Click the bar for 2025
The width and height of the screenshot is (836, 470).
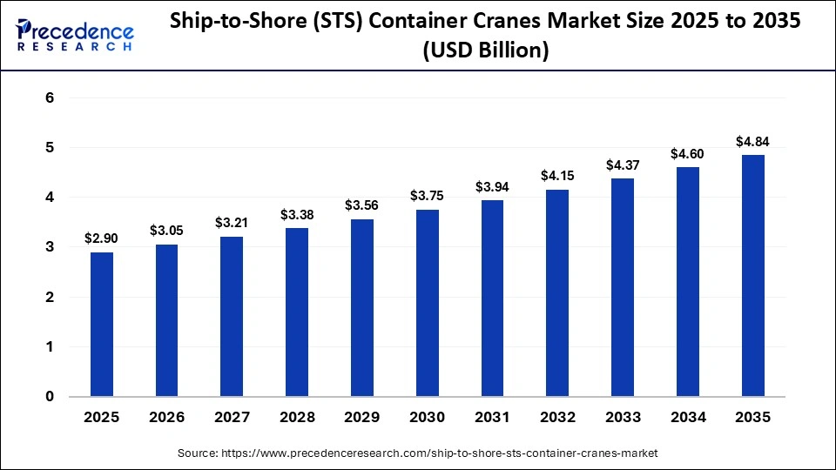click(102, 324)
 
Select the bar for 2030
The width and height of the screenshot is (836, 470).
click(428, 303)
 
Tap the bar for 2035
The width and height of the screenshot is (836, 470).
click(752, 275)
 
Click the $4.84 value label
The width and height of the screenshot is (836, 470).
click(752, 142)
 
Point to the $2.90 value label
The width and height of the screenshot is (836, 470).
click(102, 238)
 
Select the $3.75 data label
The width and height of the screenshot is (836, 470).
click(428, 196)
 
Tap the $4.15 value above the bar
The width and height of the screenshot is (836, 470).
click(557, 176)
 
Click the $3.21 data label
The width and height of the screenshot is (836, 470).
click(232, 223)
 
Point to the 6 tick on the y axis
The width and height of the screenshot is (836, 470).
click(50, 98)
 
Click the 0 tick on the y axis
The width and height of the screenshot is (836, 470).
click(50, 397)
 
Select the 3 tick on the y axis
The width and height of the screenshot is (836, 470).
click(50, 247)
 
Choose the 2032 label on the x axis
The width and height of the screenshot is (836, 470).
click(557, 418)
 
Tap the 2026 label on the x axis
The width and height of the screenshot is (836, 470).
click(167, 418)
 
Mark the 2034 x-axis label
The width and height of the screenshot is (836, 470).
click(687, 418)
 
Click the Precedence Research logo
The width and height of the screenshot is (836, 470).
click(75, 36)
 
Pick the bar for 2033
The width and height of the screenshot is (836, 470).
click(623, 287)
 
